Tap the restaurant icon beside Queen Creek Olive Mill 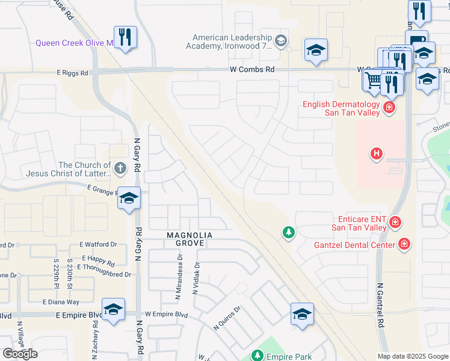click(x=125, y=37)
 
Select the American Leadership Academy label click(x=229, y=41)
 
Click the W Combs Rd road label click(x=252, y=70)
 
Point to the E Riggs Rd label click(x=72, y=73)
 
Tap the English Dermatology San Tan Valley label click(x=341, y=108)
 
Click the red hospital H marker click(x=377, y=155)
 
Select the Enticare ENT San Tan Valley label click(x=359, y=223)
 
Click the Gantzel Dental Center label click(x=354, y=245)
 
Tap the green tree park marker click(x=289, y=232)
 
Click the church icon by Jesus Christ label click(x=120, y=168)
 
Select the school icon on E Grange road click(x=129, y=198)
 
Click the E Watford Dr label click(x=99, y=244)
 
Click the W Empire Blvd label click(x=166, y=314)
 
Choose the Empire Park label click(x=289, y=357)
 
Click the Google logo click(x=20, y=354)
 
